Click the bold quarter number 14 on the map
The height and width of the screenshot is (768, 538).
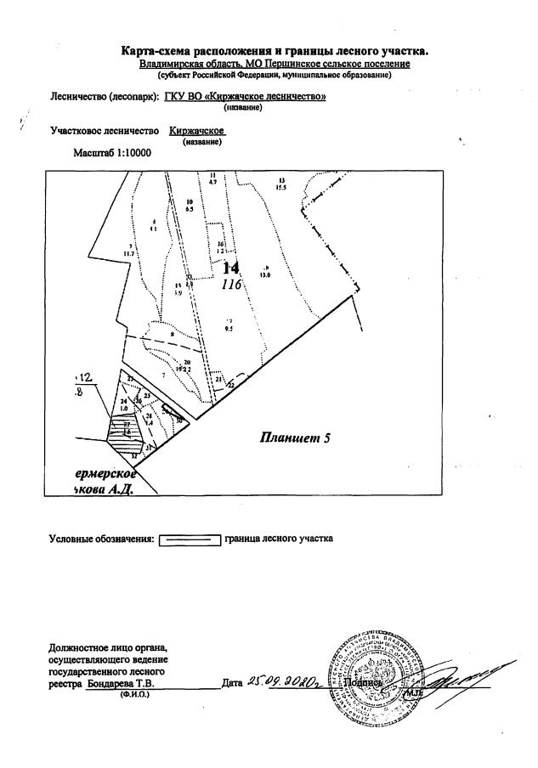click(232, 268)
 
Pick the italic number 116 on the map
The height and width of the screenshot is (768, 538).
click(232, 285)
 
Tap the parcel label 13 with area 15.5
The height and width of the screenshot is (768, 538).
click(281, 184)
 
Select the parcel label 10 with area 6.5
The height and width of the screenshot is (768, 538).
click(190, 205)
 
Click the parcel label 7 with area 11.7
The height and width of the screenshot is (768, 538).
click(129, 249)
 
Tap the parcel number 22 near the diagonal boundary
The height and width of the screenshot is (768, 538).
click(230, 384)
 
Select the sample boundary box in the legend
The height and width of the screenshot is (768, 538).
click(190, 539)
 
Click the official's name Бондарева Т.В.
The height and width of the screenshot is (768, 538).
click(120, 682)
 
